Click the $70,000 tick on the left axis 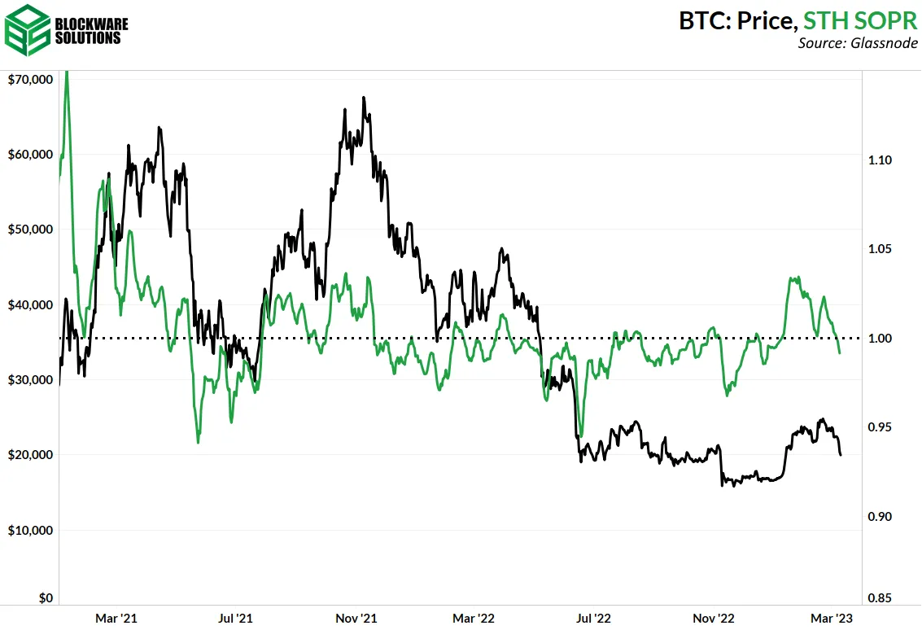pyautogui.click(x=30, y=80)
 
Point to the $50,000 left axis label pyautogui.click(x=30, y=230)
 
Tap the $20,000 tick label pyautogui.click(x=30, y=455)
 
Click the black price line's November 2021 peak pyautogui.click(x=364, y=98)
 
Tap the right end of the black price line pyautogui.click(x=841, y=454)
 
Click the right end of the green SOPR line pyautogui.click(x=841, y=352)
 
